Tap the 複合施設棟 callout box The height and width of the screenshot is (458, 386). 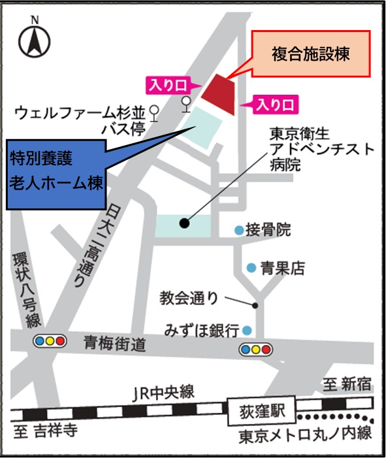pos(311,54)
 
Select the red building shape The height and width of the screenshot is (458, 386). pos(218,95)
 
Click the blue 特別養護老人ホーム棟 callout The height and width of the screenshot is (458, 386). pos(56,171)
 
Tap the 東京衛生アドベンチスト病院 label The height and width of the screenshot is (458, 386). pos(321,150)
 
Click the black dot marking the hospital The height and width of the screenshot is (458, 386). pos(184,223)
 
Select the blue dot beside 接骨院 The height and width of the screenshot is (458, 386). pos(239,230)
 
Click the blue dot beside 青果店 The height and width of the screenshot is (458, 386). pos(251,267)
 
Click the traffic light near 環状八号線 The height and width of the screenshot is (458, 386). pos(50,340)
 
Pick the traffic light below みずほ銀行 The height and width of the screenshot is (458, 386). pos(255,348)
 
